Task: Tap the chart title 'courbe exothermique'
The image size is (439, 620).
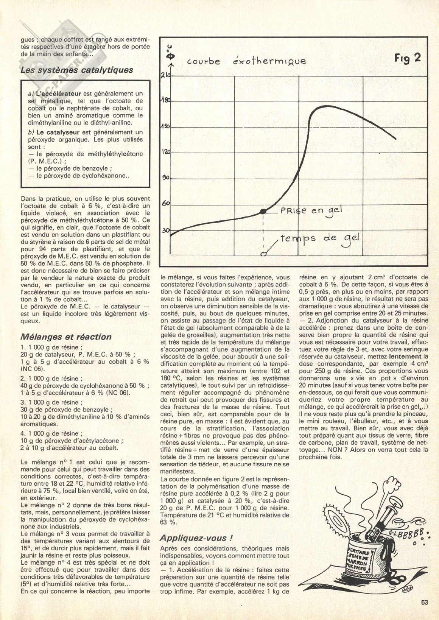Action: point(246,61)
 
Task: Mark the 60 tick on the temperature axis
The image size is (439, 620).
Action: point(166,203)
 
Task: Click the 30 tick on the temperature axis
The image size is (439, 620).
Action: point(165,230)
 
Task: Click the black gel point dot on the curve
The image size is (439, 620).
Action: point(264,211)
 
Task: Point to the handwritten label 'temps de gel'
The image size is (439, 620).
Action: point(320,239)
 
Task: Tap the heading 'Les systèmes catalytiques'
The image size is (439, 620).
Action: point(76,70)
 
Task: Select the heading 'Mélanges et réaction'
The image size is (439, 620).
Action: point(66,336)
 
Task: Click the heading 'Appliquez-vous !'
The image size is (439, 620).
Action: point(193,538)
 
